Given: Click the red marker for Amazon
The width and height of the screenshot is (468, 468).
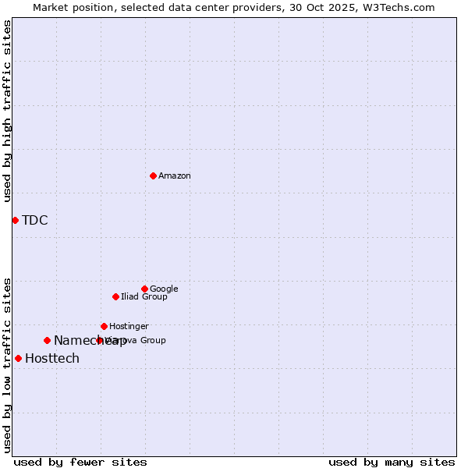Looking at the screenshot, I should coord(153,175).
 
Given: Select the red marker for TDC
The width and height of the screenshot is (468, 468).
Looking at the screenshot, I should coord(15,220).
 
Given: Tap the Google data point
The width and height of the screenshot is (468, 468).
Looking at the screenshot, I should coord(144,289).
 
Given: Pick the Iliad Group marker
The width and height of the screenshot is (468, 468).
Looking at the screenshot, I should coord(115,296).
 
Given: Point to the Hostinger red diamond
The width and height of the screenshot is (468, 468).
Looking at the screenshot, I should coord(104,326).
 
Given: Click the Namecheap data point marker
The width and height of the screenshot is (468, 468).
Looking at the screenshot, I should coord(47,340).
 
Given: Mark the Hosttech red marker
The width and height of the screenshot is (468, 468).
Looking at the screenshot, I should coord(18,358).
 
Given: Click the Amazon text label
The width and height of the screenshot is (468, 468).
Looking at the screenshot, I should coord(175,176).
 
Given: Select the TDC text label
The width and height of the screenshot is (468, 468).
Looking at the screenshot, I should coord(35,220).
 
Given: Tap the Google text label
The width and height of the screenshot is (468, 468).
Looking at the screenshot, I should coord(164,289).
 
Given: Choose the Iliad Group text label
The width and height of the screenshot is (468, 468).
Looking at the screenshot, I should coord(144,297).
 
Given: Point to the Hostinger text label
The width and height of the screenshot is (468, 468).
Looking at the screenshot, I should coord(129,327).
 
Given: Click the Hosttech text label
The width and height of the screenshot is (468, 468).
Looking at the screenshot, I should coord(52,359).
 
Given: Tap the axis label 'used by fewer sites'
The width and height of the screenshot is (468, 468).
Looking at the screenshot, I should coord(80,462).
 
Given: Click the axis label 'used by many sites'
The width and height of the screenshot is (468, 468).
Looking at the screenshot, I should coord(392,462).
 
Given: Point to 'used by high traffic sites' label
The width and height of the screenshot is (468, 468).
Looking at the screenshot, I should coord(7,112).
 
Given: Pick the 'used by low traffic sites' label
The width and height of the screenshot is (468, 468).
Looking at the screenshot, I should coord(7,364).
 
